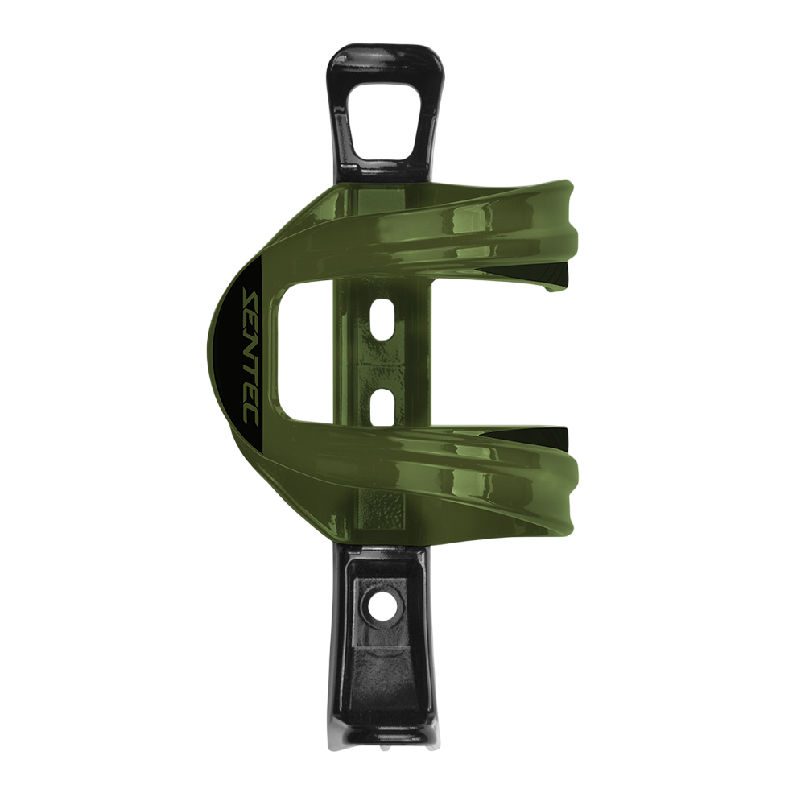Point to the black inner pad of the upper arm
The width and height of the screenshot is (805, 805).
(x=555, y=279)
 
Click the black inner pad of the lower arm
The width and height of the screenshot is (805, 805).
(x=555, y=439)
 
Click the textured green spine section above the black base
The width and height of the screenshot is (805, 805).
(x=385, y=515)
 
